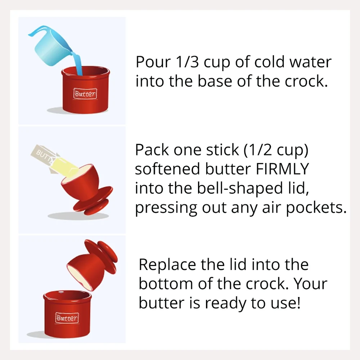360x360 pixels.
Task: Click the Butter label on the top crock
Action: tap(85, 94)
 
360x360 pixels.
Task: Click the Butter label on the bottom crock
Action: tap(67, 318)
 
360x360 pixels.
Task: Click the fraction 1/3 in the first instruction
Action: tap(187, 62)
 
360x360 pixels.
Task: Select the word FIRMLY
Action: tap(282, 169)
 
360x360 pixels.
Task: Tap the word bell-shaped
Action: tap(240, 188)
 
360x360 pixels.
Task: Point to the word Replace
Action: tap(167, 265)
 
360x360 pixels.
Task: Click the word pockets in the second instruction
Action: tap(316, 208)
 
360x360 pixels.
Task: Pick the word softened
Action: tap(167, 169)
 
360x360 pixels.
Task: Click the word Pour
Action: tap(153, 62)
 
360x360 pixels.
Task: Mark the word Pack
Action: tap(152, 150)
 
